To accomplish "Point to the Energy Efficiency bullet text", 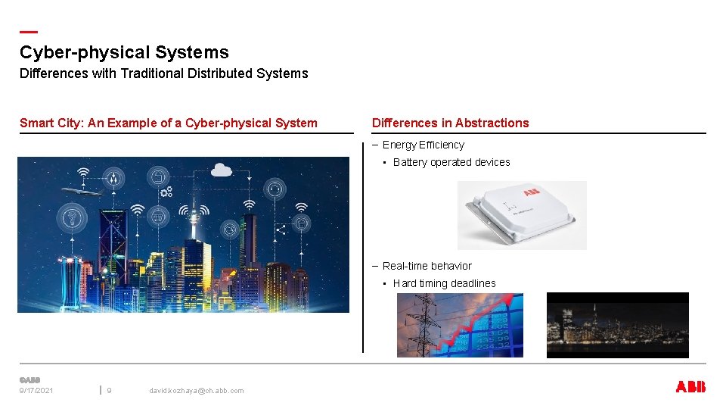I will coord(423,145).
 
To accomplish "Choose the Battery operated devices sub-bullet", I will coord(451,162).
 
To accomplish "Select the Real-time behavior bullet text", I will coord(427,266).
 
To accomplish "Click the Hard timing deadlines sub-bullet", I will coord(445,283).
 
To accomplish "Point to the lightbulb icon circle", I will coord(72,219).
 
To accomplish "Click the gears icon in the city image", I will coord(166,191).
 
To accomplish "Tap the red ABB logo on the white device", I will coord(532,192).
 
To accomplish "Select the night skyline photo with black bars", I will coord(617,325).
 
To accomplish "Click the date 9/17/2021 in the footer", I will coord(36,391).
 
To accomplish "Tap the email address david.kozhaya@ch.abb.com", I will coord(197,391).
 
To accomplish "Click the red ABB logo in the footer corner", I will coord(690,387).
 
